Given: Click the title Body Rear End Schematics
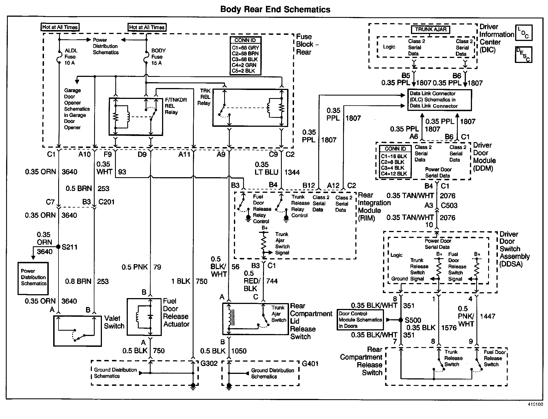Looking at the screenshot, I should tap(275, 9).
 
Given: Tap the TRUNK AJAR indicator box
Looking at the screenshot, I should tap(430, 30).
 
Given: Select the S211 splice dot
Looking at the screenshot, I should tap(58, 247).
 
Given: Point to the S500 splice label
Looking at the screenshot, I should tap(413, 320).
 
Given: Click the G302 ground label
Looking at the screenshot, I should tap(209, 364).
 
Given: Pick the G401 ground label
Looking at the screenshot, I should tap(310, 364).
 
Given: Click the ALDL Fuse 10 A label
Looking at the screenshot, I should tap(71, 57).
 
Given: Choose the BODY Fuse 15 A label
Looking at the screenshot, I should tap(158, 57).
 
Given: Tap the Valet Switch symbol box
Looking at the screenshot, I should tap(77, 331).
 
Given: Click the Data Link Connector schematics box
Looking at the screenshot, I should tap(439, 100).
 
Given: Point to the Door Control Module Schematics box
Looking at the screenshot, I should tap(360, 320).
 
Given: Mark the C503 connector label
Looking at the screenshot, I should tap(449, 206).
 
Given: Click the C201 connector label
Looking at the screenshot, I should tap(106, 202).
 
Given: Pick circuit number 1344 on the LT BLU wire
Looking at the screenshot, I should tap(292, 172).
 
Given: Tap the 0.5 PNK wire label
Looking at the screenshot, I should tap(134, 267).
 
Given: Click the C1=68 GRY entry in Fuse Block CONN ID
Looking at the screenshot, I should tap(245, 48).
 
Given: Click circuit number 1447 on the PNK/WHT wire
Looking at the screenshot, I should tap(488, 316).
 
